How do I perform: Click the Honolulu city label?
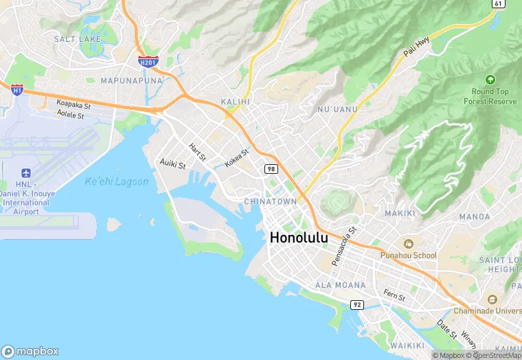(299, 238)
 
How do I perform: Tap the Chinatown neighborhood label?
(271, 201)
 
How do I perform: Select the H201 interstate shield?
(148, 62)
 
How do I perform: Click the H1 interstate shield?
(17, 89)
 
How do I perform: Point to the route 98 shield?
(271, 168)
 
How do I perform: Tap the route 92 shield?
(357, 304)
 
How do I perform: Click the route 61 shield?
(497, 4)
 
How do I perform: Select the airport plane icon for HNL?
(27, 172)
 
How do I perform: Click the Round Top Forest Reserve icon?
(490, 80)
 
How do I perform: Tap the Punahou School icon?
(409, 244)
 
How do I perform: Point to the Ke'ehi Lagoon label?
(116, 181)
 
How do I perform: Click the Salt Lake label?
(77, 39)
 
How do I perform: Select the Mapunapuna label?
(132, 80)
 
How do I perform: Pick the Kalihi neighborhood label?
(234, 101)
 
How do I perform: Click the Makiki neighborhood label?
(400, 213)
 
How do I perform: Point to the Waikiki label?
(407, 344)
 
